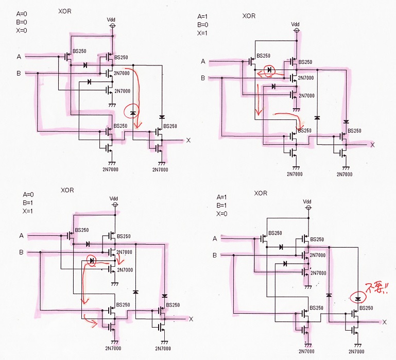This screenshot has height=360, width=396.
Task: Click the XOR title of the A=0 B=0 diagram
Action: point(65,11)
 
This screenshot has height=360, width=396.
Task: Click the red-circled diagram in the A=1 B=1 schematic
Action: point(357,299)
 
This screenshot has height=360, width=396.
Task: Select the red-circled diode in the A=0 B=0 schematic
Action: point(132,113)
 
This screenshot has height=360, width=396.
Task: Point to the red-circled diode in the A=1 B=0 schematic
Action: point(269,70)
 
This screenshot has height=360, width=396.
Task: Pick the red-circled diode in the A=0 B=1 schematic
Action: point(92,260)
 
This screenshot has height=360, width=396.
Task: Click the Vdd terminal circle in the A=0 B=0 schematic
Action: point(113,26)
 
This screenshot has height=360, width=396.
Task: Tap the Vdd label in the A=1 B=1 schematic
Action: point(307,201)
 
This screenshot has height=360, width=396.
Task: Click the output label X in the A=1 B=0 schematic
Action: point(372,145)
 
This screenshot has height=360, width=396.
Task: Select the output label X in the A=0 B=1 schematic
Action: point(191,319)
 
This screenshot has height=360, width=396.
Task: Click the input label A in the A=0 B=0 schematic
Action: point(19,57)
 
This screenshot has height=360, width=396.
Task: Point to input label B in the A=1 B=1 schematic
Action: point(215,255)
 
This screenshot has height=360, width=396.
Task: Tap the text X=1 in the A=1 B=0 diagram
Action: point(202,33)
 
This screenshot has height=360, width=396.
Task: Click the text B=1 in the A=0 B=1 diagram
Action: point(28,203)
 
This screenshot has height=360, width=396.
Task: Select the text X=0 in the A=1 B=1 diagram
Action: point(221,214)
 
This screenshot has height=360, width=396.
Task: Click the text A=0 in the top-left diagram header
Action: point(22,14)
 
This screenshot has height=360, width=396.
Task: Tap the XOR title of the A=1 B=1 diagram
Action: point(261,193)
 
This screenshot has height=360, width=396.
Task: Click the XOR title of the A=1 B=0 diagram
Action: point(249,16)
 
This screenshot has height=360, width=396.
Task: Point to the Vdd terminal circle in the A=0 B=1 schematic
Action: point(115,204)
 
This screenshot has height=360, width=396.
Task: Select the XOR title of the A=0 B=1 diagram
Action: point(67,190)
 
